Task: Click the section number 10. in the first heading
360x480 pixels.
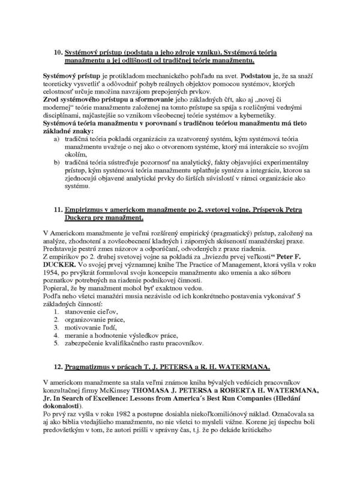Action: [58, 52]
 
